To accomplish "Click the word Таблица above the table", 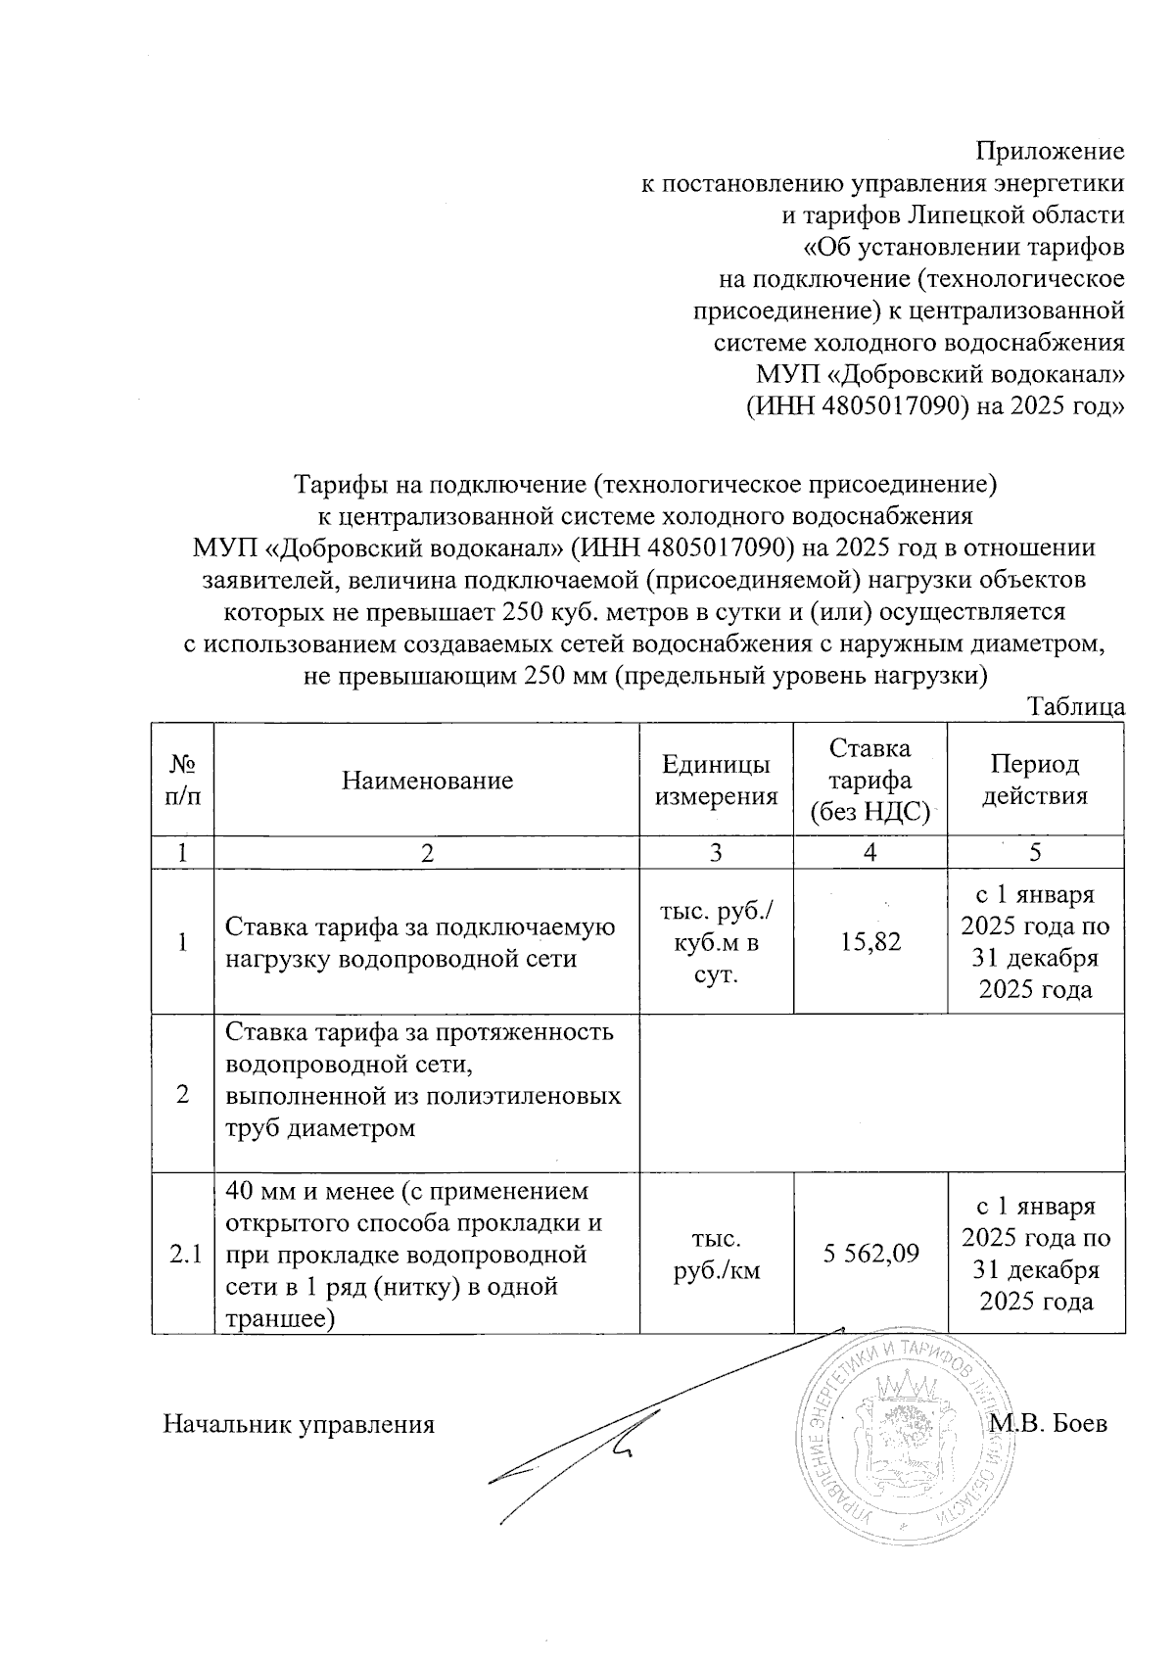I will [x=1076, y=707].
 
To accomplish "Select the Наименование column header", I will [x=427, y=781].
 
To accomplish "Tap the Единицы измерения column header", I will [x=716, y=781].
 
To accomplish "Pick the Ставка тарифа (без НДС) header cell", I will [x=869, y=781].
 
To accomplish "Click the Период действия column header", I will [x=1035, y=781].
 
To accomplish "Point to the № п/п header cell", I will [x=183, y=781].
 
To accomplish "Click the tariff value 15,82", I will [x=869, y=942].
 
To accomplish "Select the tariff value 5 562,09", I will [x=869, y=1253].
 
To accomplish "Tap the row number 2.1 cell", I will [x=183, y=1254].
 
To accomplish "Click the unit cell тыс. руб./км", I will [x=716, y=1254].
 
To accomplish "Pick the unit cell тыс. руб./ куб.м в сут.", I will [x=716, y=942].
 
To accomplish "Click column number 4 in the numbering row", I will [x=869, y=852].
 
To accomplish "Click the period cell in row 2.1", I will [x=1035, y=1254].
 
